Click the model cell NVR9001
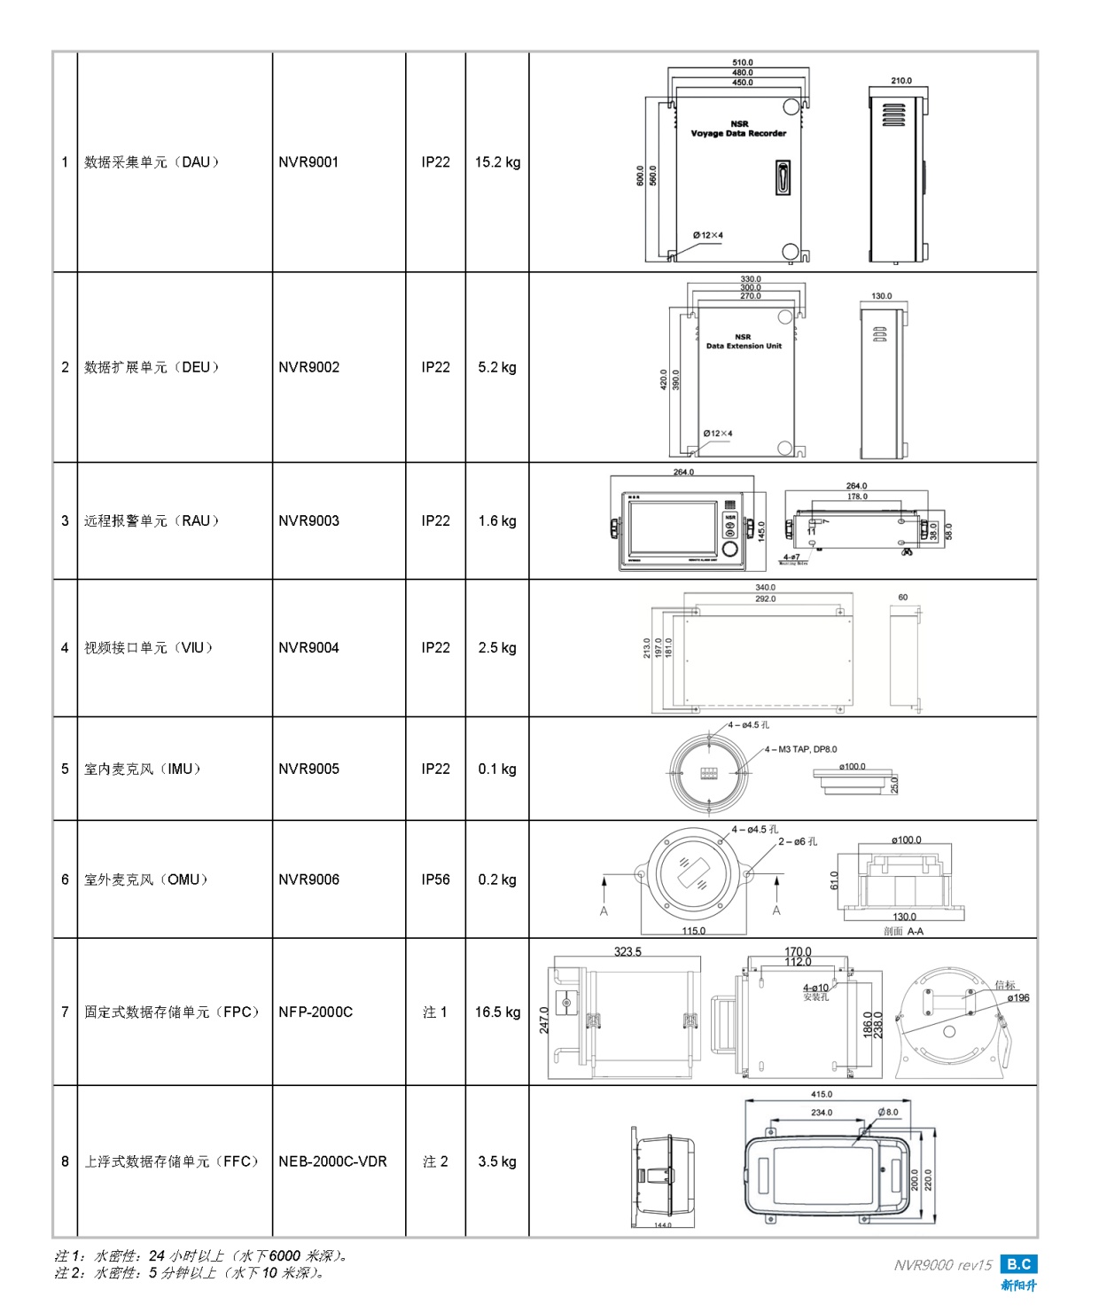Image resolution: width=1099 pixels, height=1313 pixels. coord(308,162)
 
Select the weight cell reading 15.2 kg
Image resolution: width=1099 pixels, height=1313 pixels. coord(497,162)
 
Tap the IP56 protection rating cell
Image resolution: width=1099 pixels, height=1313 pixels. coord(435,879)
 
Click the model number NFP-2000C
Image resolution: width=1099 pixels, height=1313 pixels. coord(316,1012)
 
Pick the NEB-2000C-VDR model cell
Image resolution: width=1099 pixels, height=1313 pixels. coord(332,1161)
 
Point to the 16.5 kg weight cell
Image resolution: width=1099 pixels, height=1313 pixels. coord(497,1012)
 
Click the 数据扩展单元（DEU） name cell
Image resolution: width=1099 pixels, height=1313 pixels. coord(152,367)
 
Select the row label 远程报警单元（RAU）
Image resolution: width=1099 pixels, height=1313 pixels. coord(152,520)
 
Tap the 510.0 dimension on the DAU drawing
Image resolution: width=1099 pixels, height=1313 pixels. coord(743,63)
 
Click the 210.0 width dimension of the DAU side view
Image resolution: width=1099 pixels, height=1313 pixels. coord(901,81)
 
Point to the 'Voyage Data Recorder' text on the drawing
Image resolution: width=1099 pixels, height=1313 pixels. coord(738,134)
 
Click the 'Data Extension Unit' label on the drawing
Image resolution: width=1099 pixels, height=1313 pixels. coord(744,347)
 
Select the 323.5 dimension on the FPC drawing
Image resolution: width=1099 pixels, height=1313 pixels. coord(627,951)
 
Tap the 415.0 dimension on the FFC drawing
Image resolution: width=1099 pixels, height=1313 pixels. coord(822,1094)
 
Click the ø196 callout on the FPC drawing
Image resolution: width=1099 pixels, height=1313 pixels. coord(1017,998)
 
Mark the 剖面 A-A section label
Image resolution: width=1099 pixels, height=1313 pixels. coord(903,931)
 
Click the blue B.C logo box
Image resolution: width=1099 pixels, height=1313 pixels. coord(1018,1264)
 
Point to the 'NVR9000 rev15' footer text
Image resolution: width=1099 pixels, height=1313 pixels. coord(943,1265)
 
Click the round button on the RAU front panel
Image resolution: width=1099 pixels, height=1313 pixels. coord(730,549)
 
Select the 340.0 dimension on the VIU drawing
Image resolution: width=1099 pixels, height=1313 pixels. coord(765,587)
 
